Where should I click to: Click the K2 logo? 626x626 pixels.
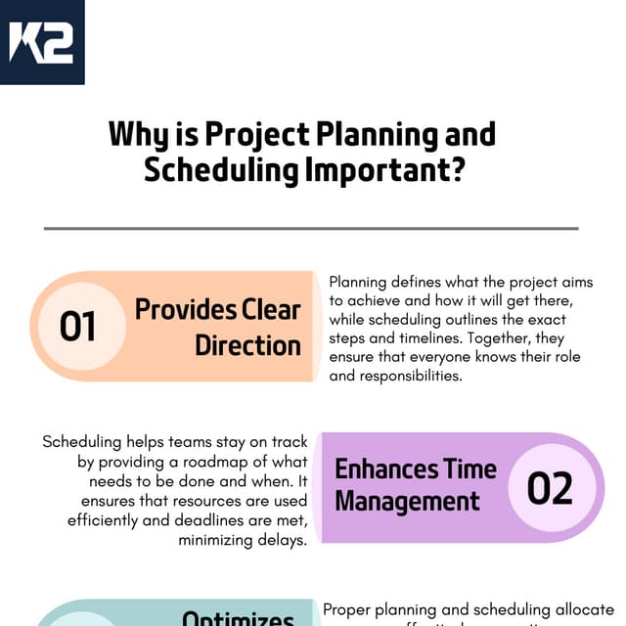pyautogui.click(x=42, y=42)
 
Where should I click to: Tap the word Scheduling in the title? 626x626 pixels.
pyautogui.click(x=221, y=169)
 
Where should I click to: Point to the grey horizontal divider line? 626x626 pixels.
pyautogui.click(x=311, y=229)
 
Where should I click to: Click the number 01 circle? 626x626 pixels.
pyautogui.click(x=78, y=327)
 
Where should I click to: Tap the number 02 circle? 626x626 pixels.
pyautogui.click(x=550, y=488)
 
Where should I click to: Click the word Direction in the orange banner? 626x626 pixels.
pyautogui.click(x=247, y=345)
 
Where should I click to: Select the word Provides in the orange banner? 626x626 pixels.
pyautogui.click(x=180, y=309)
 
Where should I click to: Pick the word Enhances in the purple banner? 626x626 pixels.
pyautogui.click(x=383, y=469)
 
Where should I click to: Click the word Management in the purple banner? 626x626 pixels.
pyautogui.click(x=408, y=503)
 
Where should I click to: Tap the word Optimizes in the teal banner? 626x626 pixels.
pyautogui.click(x=239, y=619)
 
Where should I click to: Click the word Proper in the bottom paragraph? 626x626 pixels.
pyautogui.click(x=346, y=608)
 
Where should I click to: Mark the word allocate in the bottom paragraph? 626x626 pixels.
pyautogui.click(x=582, y=608)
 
